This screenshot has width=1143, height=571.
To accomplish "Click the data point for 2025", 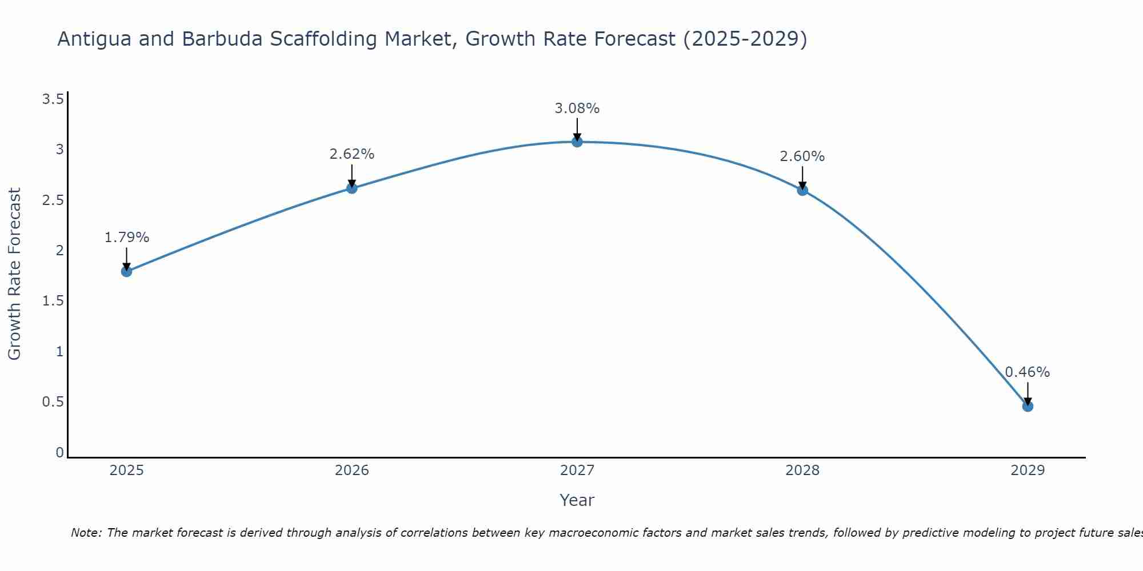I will pos(127,271).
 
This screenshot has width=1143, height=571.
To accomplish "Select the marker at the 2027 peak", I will pos(577,142).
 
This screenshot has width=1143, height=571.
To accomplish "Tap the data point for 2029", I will pos(1028,407).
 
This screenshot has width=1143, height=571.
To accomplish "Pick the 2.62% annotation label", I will pos(352,154).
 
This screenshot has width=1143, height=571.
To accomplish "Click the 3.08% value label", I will pos(577,108).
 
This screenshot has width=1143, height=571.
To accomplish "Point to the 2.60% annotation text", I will pos(802,156).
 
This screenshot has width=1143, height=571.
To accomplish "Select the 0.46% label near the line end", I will pos(1028,372).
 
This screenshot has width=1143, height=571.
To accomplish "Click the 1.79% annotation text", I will pos(127,238).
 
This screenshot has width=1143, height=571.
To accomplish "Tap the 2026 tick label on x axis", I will pos(352,471).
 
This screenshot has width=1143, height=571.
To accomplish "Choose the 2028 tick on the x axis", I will pos(802,471).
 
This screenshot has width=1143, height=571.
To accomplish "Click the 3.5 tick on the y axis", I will pos(53,100).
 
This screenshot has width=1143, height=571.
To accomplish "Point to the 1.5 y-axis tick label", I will pos(53,301).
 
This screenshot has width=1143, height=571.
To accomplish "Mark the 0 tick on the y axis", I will pos(59,452).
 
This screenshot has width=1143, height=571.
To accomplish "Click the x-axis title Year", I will pos(577,500).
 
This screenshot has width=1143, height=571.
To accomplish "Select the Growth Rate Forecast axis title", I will pos(15,274).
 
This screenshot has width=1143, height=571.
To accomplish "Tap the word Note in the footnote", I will pos(86,533).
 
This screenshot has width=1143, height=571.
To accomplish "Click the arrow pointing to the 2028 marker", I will pos(802,177).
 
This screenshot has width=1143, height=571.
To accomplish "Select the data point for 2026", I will pos(352,188).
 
